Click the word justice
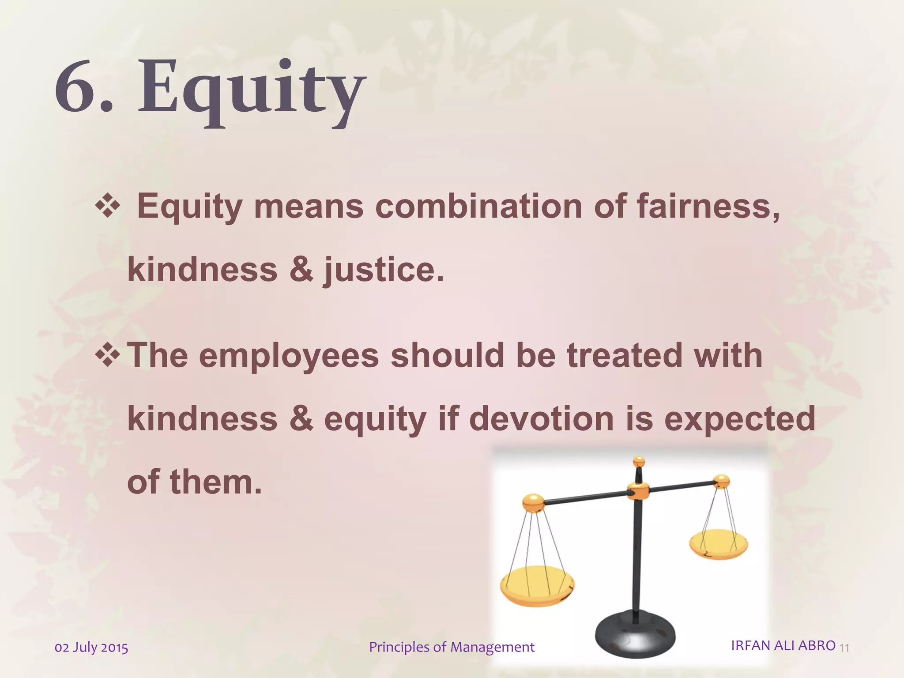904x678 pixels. point(383,270)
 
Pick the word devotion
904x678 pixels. point(542,418)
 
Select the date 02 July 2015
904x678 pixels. point(91,648)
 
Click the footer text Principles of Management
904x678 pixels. point(452,647)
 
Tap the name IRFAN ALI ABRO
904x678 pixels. point(783,645)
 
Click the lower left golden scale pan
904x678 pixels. point(537,586)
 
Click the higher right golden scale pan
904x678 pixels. point(719,544)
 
